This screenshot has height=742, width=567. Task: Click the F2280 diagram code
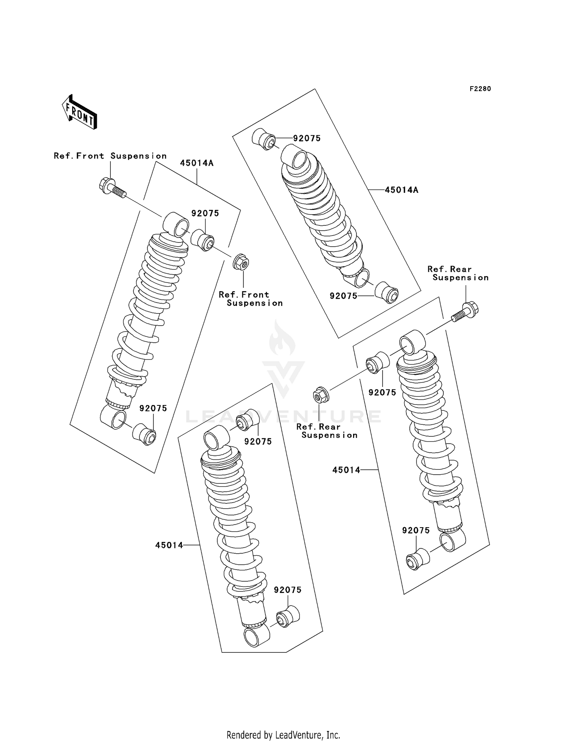(x=480, y=89)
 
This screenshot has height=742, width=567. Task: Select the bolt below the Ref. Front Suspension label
(x=112, y=188)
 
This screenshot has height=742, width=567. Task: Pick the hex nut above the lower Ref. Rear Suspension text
(x=321, y=395)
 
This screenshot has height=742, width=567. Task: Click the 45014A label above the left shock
(x=197, y=163)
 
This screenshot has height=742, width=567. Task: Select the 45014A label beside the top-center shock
(x=401, y=190)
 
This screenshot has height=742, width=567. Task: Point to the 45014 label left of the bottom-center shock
(x=169, y=545)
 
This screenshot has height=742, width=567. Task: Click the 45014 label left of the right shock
(x=346, y=470)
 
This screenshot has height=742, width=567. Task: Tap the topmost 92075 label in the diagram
(x=307, y=138)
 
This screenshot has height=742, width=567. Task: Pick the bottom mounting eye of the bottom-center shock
(x=257, y=635)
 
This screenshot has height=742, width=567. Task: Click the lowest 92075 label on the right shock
(x=416, y=531)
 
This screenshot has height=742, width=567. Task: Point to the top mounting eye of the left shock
(x=176, y=224)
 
